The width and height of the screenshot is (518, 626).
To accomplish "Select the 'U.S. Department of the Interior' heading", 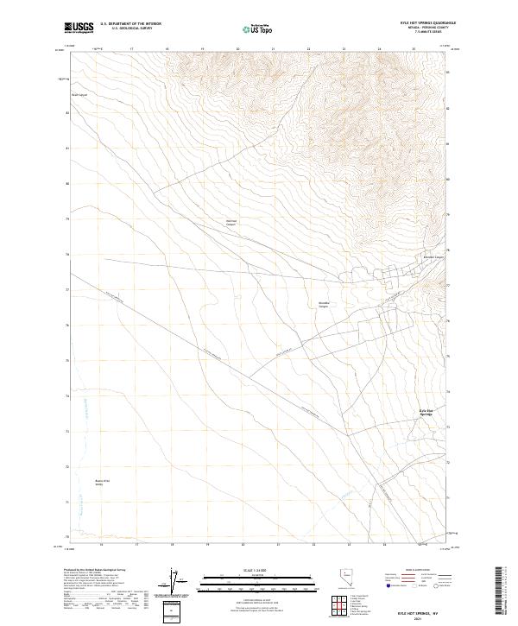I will point(130,24).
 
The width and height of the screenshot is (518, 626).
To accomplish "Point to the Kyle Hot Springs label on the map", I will point(425,412).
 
